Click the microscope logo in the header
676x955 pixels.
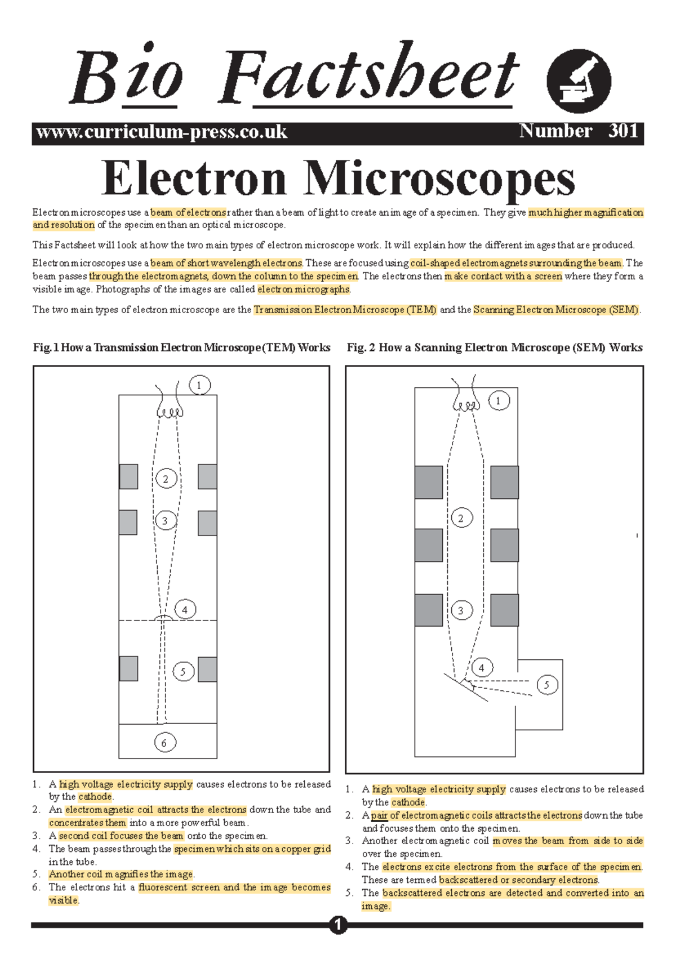point(579,81)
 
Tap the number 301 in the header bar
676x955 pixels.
point(623,131)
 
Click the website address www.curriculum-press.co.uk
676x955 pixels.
point(162,132)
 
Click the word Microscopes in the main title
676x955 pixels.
point(439,179)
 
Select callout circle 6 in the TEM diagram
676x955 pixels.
point(164,743)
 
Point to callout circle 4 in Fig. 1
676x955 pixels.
point(185,609)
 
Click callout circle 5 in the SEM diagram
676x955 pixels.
point(546,685)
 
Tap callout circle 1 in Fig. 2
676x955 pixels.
point(498,401)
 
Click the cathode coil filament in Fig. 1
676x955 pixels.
point(170,412)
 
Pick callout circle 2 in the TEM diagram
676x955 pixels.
point(166,479)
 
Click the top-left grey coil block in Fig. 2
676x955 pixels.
point(429,482)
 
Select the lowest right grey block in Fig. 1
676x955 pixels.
point(207,669)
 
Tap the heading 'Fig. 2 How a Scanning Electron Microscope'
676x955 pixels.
point(494,347)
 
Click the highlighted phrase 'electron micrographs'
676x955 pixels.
point(304,289)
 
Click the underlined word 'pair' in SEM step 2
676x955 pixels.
point(379,815)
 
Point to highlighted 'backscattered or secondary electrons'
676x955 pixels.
point(518,880)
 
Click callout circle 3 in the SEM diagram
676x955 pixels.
point(461,610)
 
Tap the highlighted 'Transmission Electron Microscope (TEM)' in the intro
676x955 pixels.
point(345,310)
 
